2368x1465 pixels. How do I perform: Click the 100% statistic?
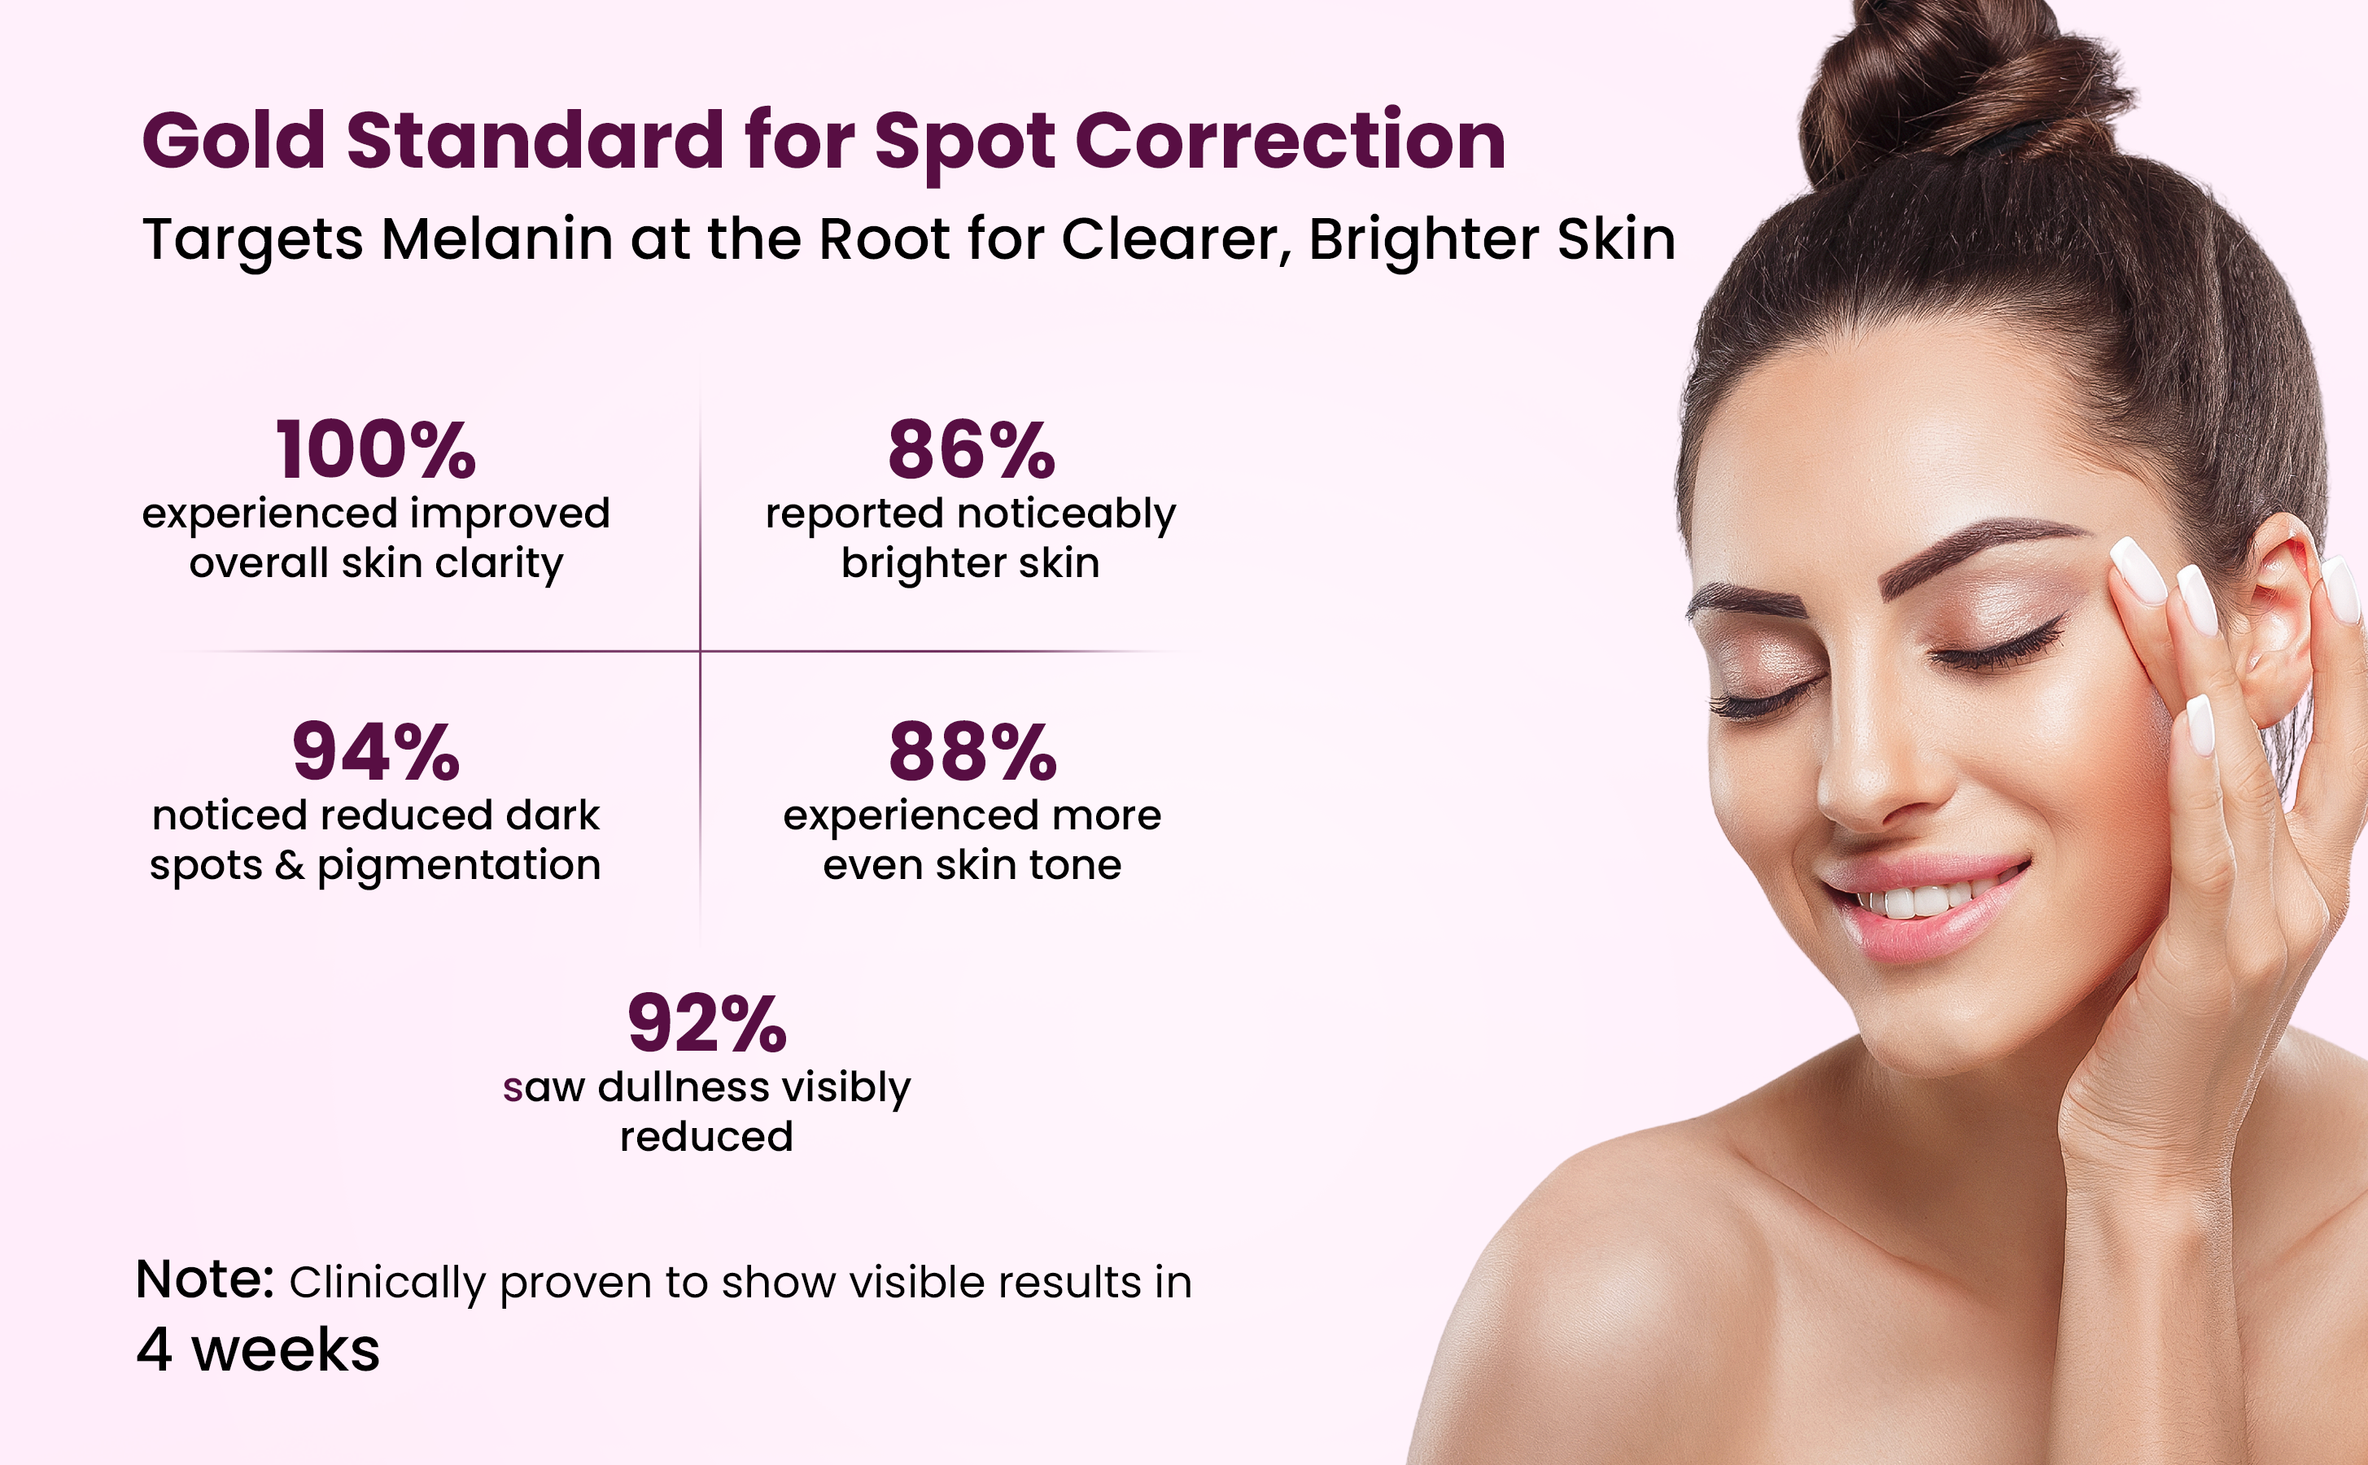pyautogui.click(x=376, y=449)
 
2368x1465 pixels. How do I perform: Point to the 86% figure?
pyautogui.click(x=972, y=449)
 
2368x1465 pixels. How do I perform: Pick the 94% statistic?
pyautogui.click(x=376, y=751)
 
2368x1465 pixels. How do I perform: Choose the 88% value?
pyautogui.click(x=972, y=751)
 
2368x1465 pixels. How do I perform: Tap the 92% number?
pyautogui.click(x=707, y=1023)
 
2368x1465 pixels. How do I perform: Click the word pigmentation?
pyautogui.click(x=459, y=866)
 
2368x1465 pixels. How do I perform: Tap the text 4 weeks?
pyautogui.click(x=258, y=1349)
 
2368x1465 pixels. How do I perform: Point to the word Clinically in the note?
pyautogui.click(x=387, y=1284)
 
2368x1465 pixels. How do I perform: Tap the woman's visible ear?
pyautogui.click(x=2281, y=620)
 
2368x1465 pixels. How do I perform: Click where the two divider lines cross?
pyautogui.click(x=701, y=651)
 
